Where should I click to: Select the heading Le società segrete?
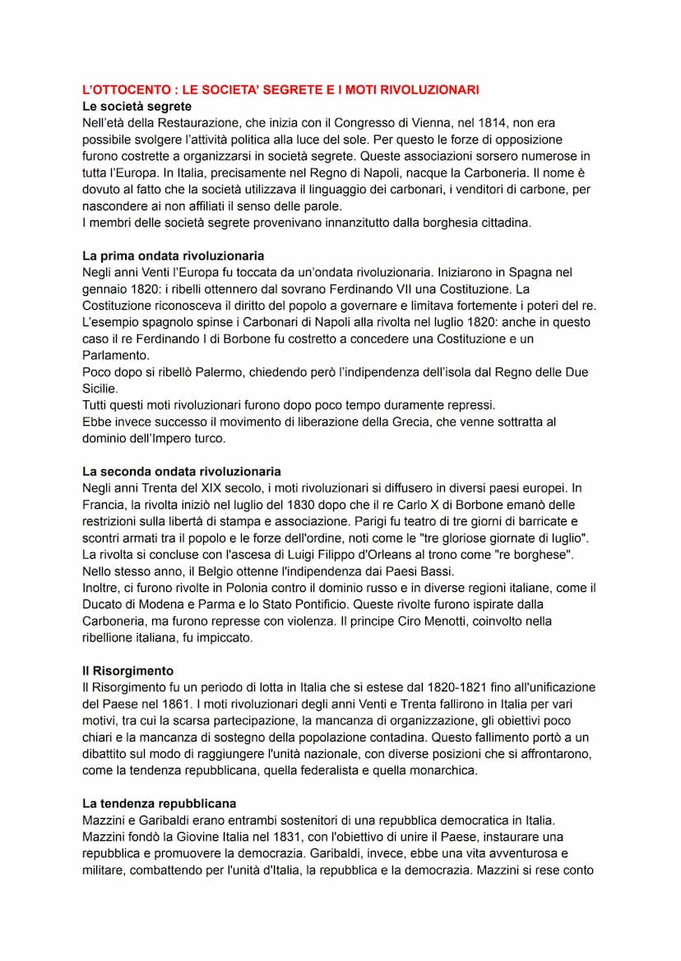pos(137,106)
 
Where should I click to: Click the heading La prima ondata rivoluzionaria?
pos(173,256)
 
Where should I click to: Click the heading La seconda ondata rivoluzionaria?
pos(181,472)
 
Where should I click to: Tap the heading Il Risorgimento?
pos(127,671)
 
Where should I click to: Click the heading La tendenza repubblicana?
pos(159,803)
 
